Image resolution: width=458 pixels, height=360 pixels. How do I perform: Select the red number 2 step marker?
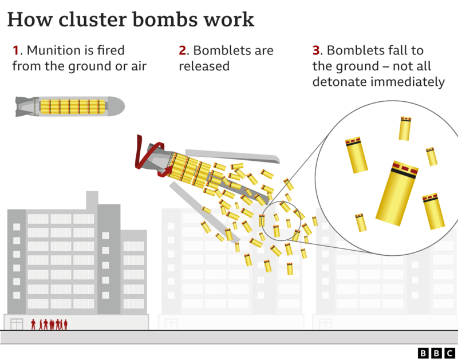click(x=182, y=51)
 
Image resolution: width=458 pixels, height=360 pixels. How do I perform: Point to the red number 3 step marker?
click(x=315, y=51)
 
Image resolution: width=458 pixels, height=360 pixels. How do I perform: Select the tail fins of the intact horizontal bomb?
click(x=24, y=106)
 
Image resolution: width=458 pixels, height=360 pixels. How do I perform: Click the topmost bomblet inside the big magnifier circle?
click(x=405, y=128)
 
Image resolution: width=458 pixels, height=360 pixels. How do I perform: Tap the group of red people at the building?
click(x=50, y=325)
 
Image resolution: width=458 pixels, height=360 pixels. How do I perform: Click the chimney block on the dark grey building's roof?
click(x=92, y=200)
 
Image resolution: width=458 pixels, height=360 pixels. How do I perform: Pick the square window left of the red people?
click(x=17, y=325)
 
